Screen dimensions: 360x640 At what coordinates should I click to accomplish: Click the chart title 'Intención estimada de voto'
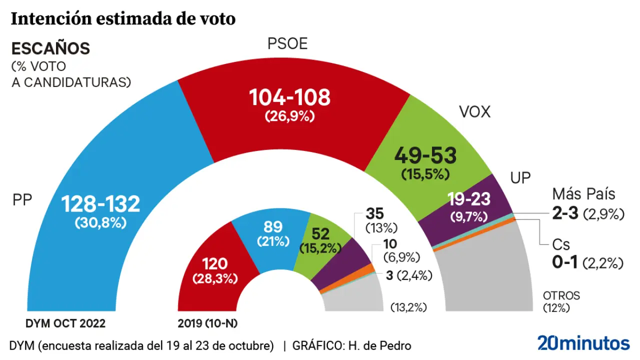tap(123, 19)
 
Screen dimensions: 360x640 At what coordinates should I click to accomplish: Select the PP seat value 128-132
tap(100, 204)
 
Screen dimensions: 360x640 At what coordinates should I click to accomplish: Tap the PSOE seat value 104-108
tap(290, 97)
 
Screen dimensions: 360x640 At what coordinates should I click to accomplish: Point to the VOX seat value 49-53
tap(425, 156)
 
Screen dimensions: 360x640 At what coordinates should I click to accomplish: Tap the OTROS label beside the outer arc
tap(561, 295)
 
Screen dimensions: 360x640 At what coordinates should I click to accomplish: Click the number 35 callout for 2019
tap(374, 213)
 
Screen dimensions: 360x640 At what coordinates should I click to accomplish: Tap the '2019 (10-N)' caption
tap(207, 323)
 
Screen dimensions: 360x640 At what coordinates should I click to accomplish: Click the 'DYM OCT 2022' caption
tap(65, 323)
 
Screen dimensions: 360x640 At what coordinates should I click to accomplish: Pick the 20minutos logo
tap(583, 343)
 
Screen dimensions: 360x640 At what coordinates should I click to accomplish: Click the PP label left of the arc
tap(22, 200)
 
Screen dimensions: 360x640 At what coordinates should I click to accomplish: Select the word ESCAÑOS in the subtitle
tap(50, 48)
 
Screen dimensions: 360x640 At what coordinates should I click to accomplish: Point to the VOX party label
tap(474, 112)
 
